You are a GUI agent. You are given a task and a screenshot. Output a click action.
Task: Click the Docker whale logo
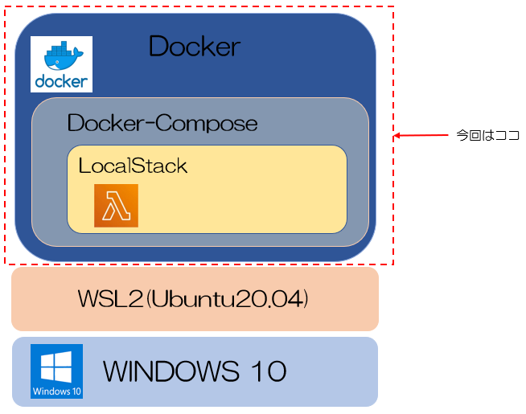(62, 64)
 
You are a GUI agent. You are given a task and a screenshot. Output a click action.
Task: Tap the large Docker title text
(194, 47)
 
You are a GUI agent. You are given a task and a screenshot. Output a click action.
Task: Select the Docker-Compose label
(162, 124)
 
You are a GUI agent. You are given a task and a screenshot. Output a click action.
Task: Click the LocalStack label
(133, 166)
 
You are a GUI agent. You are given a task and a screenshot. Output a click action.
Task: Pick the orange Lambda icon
(116, 206)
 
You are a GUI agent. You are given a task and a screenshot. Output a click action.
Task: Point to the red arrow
(417, 136)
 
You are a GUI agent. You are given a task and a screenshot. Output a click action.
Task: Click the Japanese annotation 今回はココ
(487, 136)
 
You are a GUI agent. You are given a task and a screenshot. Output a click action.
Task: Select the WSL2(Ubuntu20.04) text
(194, 299)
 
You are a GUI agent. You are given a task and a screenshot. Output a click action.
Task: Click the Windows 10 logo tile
(56, 371)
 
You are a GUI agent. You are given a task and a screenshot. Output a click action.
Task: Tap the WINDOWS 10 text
(195, 371)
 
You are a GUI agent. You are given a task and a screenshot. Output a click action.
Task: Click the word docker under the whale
(62, 81)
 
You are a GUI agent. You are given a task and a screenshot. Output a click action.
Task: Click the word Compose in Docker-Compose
(208, 124)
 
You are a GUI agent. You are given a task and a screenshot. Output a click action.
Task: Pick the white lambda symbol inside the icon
(116, 207)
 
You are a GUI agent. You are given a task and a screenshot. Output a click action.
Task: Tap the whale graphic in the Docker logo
(62, 56)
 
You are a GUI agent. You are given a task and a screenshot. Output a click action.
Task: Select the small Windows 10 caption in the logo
(56, 392)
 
